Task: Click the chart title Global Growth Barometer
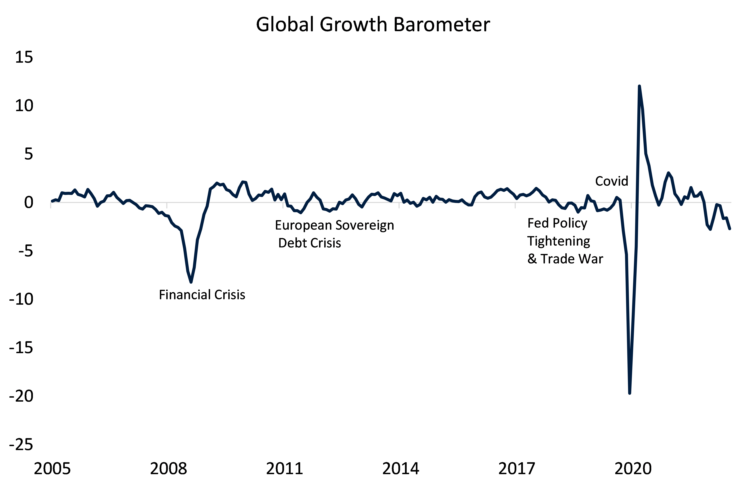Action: pos(373,24)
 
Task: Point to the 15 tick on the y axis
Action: pos(24,57)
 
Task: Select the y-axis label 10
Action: pos(24,106)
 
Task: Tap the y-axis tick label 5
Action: pos(29,154)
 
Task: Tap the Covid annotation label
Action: pos(612,181)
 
